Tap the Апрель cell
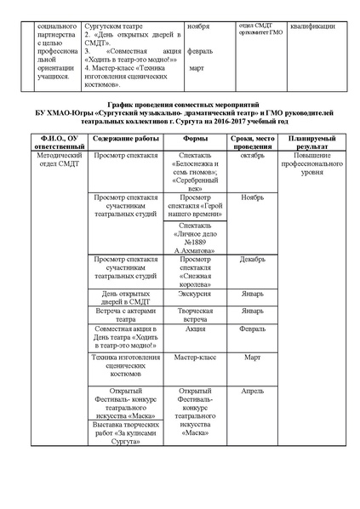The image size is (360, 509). [x=252, y=392]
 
